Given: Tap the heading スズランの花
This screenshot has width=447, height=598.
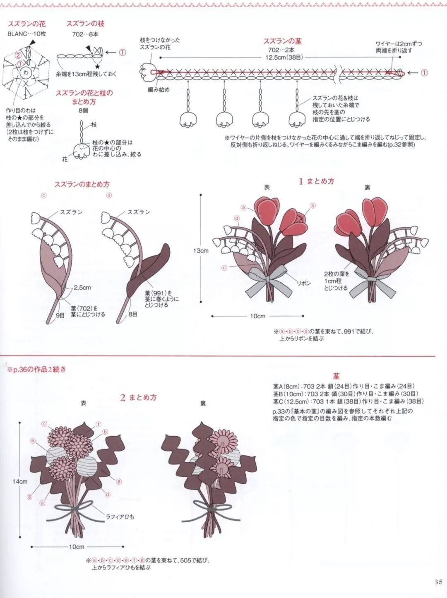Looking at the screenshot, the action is point(26,24).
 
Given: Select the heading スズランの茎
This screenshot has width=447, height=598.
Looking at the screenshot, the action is point(282,41).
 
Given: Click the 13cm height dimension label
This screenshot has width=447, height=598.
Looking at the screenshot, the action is point(201,251).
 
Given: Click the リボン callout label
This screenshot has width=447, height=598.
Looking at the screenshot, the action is point(304,283).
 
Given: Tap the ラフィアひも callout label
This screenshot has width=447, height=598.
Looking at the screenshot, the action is point(120,517).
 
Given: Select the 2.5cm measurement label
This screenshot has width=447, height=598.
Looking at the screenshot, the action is point(82,288).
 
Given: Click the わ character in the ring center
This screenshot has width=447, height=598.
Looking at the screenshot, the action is point(26,73).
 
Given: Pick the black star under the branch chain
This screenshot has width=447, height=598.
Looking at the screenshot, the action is point(98,66).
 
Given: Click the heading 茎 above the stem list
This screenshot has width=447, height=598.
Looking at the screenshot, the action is point(336,376).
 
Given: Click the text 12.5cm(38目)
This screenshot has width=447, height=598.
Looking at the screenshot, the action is point(284,58).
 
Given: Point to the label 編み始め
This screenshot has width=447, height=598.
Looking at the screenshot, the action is point(159,89).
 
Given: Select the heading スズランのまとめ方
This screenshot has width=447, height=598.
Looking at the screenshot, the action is point(82,185).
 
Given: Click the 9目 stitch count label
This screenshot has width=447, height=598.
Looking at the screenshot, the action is point(60,315).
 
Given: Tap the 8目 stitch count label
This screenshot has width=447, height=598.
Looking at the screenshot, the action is point(133,314).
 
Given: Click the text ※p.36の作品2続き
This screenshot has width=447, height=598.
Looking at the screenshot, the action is point(37,370).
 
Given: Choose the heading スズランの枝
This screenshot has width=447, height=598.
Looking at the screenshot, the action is point(85,24).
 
